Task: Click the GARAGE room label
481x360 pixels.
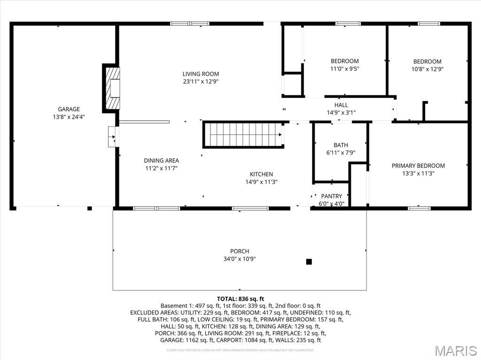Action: pyautogui.click(x=69, y=109)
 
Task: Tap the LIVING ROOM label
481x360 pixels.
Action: pyautogui.click(x=201, y=74)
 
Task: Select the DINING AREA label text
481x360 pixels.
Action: pyautogui.click(x=161, y=161)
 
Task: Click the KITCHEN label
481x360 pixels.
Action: pyautogui.click(x=261, y=174)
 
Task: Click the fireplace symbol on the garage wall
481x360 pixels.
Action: pyautogui.click(x=112, y=88)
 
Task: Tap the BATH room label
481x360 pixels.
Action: pyautogui.click(x=341, y=145)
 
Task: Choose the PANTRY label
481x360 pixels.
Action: pyautogui.click(x=332, y=196)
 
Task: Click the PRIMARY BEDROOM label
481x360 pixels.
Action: pyautogui.click(x=418, y=166)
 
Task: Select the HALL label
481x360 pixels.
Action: pyautogui.click(x=341, y=105)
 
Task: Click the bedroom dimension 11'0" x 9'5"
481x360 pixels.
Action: pyautogui.click(x=344, y=69)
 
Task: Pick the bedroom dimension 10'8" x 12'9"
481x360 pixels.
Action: pyautogui.click(x=427, y=69)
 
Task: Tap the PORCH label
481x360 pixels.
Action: pyautogui.click(x=240, y=251)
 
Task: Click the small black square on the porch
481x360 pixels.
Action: pyautogui.click(x=309, y=262)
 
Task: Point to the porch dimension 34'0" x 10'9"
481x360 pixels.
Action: pyautogui.click(x=240, y=259)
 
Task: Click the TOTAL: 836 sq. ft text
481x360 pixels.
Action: pyautogui.click(x=240, y=299)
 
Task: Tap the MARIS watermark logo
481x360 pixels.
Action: pyautogui.click(x=455, y=351)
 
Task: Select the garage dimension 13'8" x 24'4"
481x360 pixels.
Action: pyautogui.click(x=69, y=117)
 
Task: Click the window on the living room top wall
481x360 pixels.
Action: pyautogui.click(x=189, y=23)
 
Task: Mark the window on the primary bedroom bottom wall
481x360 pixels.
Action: pyautogui.click(x=419, y=208)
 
